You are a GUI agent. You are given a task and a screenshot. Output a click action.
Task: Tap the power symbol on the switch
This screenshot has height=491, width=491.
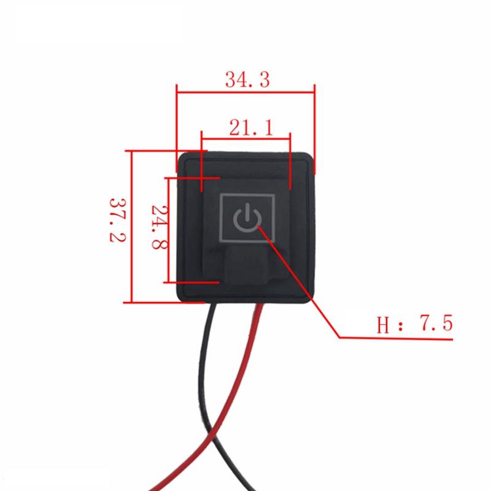coord(245,218)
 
